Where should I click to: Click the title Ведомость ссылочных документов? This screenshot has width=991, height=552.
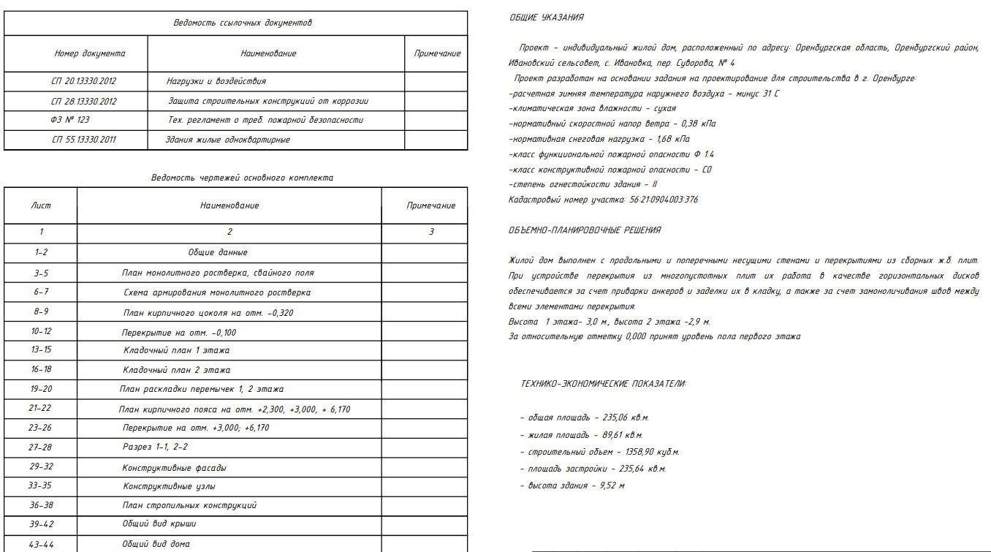pos(242,23)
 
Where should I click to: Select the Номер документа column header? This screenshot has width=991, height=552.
pos(89,53)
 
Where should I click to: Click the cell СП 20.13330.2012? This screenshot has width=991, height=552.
pos(83,81)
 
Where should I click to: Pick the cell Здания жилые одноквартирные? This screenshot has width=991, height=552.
pos(229,140)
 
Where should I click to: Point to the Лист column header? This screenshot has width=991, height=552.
pos(41,205)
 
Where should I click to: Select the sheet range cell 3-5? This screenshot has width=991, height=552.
pos(41,273)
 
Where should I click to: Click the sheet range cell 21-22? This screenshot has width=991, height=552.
pos(41,409)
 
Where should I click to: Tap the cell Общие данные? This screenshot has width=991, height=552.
pos(218,252)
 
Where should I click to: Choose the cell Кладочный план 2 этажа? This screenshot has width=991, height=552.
pos(176,370)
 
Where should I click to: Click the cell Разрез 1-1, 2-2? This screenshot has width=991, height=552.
pos(155,447)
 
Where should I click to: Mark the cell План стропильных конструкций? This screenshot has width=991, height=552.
pos(189,505)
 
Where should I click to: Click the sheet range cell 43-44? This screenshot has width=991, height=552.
pos(41,545)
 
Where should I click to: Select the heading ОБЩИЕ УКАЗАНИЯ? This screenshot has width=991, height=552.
pos(547,18)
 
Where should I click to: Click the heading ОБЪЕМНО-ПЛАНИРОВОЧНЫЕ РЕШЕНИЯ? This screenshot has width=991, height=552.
pos(585,230)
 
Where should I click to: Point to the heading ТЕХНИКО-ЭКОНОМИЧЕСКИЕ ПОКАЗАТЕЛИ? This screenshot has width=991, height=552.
pos(604,384)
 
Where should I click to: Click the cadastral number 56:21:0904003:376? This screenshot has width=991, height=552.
pos(661,200)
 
